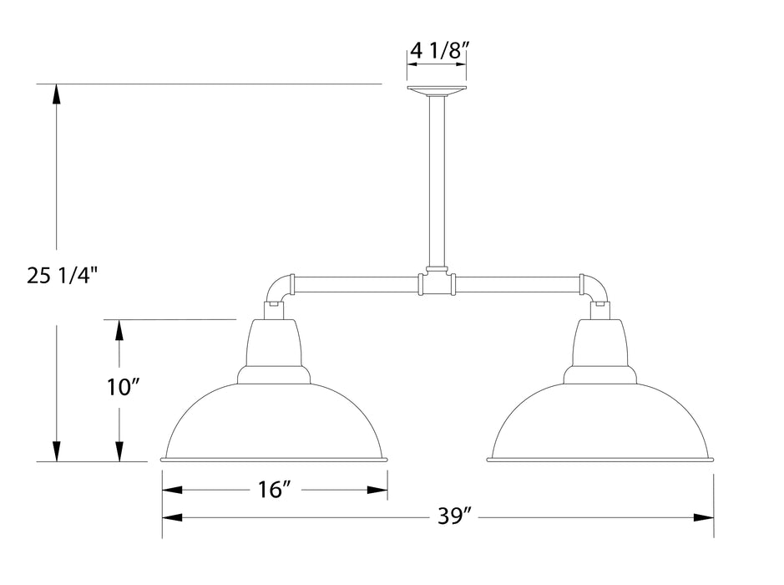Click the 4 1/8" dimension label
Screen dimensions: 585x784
[437, 50]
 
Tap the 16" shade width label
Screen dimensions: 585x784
[274, 490]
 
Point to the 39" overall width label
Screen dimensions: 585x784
[455, 518]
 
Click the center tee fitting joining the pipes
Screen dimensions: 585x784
[436, 284]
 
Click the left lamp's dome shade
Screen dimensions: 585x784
[274, 422]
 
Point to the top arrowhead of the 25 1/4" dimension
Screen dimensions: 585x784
[56, 93]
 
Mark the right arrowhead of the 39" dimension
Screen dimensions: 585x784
[706, 518]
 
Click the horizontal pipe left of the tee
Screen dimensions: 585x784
[355, 284]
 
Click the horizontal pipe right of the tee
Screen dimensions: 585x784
[516, 284]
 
